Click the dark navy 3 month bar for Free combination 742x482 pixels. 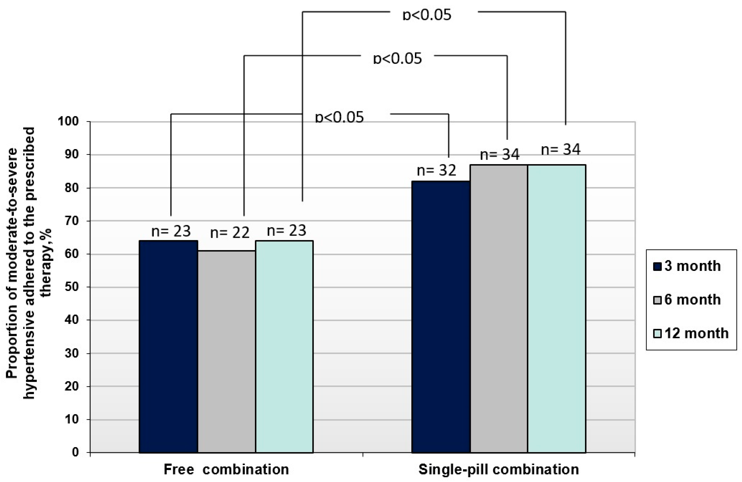168,346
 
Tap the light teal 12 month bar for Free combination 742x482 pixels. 284,346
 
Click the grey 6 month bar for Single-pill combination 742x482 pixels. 499,308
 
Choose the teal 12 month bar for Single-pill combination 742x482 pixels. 556,308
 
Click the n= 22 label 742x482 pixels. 230,233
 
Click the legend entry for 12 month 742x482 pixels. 691,333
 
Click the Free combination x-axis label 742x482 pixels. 226,469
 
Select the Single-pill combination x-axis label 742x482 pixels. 499,469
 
